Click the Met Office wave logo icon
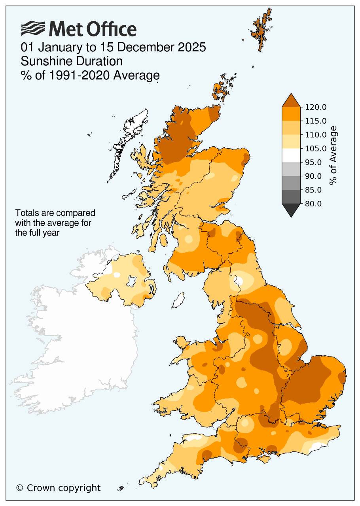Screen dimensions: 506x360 33,29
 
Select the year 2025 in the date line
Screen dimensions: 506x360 193,48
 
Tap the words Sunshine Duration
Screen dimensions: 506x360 72,61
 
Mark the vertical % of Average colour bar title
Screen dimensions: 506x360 333,155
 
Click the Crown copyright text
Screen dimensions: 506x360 59,488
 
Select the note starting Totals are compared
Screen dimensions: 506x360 55,223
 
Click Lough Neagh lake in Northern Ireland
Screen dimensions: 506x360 130,282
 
